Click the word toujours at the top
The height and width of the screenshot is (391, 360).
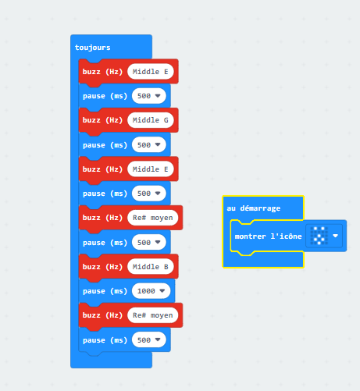pyautogui.click(x=92, y=48)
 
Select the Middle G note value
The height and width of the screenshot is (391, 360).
pyautogui.click(x=151, y=120)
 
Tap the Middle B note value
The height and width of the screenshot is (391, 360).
pyautogui.click(x=151, y=267)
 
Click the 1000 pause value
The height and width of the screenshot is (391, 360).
pyautogui.click(x=146, y=291)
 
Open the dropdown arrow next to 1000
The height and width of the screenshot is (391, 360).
pyautogui.click(x=162, y=291)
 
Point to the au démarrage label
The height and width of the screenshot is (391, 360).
pyautogui.click(x=254, y=208)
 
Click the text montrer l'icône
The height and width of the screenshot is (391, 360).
pyautogui.click(x=268, y=236)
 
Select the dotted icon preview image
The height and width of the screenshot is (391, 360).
pyautogui.click(x=319, y=236)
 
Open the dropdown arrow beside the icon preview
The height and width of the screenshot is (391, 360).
pyautogui.click(x=335, y=236)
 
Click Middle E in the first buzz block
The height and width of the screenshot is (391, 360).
pyautogui.click(x=151, y=72)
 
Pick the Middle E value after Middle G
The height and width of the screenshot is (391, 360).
pyautogui.click(x=151, y=169)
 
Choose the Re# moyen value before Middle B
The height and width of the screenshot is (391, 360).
pyautogui.click(x=153, y=218)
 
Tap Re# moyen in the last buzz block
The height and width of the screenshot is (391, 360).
pyautogui.click(x=153, y=315)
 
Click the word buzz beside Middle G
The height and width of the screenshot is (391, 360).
pyautogui.click(x=91, y=120)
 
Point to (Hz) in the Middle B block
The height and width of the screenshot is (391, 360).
pyautogui.click(x=114, y=267)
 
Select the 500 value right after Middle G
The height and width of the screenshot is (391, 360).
pyautogui.click(x=144, y=145)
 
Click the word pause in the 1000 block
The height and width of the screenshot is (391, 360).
pyautogui.click(x=94, y=291)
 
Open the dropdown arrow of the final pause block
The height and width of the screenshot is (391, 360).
pyautogui.click(x=158, y=339)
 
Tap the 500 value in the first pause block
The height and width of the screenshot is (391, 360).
pyautogui.click(x=144, y=96)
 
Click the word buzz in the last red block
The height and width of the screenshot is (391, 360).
pyautogui.click(x=91, y=315)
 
